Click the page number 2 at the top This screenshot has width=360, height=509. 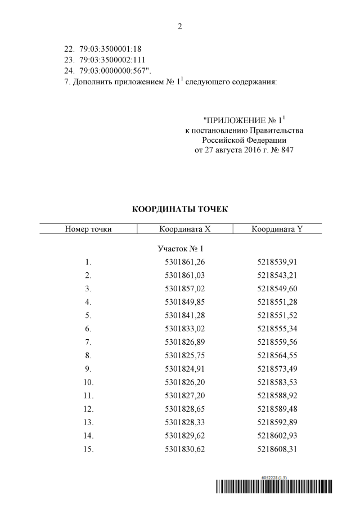click(180, 26)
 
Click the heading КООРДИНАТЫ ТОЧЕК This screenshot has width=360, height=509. click(180, 209)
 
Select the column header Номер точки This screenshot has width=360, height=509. click(88, 228)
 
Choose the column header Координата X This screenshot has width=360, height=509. click(184, 228)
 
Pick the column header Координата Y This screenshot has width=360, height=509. click(277, 228)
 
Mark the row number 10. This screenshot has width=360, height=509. click(88, 382)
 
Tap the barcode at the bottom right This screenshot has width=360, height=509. click(274, 488)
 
